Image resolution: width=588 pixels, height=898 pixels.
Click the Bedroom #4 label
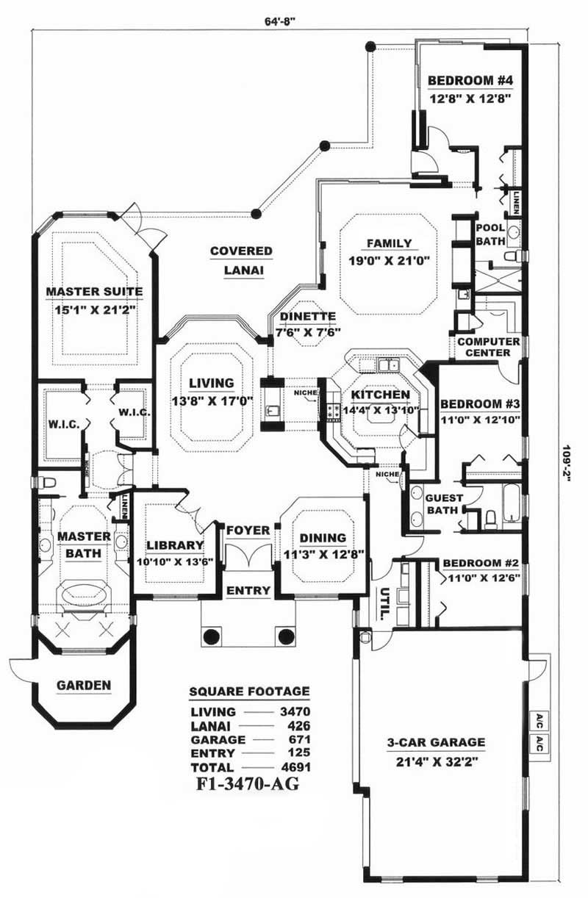click(470, 81)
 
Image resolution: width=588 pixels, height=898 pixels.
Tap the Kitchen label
click(374, 395)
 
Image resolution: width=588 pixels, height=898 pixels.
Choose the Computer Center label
click(489, 347)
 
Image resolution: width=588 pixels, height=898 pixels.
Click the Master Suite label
click(94, 292)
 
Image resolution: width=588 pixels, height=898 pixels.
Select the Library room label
click(175, 545)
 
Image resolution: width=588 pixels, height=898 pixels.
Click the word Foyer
click(247, 530)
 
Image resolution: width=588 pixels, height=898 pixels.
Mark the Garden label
click(84, 686)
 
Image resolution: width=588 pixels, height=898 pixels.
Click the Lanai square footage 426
click(300, 725)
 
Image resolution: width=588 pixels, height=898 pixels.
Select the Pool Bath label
click(490, 234)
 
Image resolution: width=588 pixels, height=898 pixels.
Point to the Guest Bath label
click(442, 503)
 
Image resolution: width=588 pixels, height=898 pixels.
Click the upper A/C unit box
click(539, 718)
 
